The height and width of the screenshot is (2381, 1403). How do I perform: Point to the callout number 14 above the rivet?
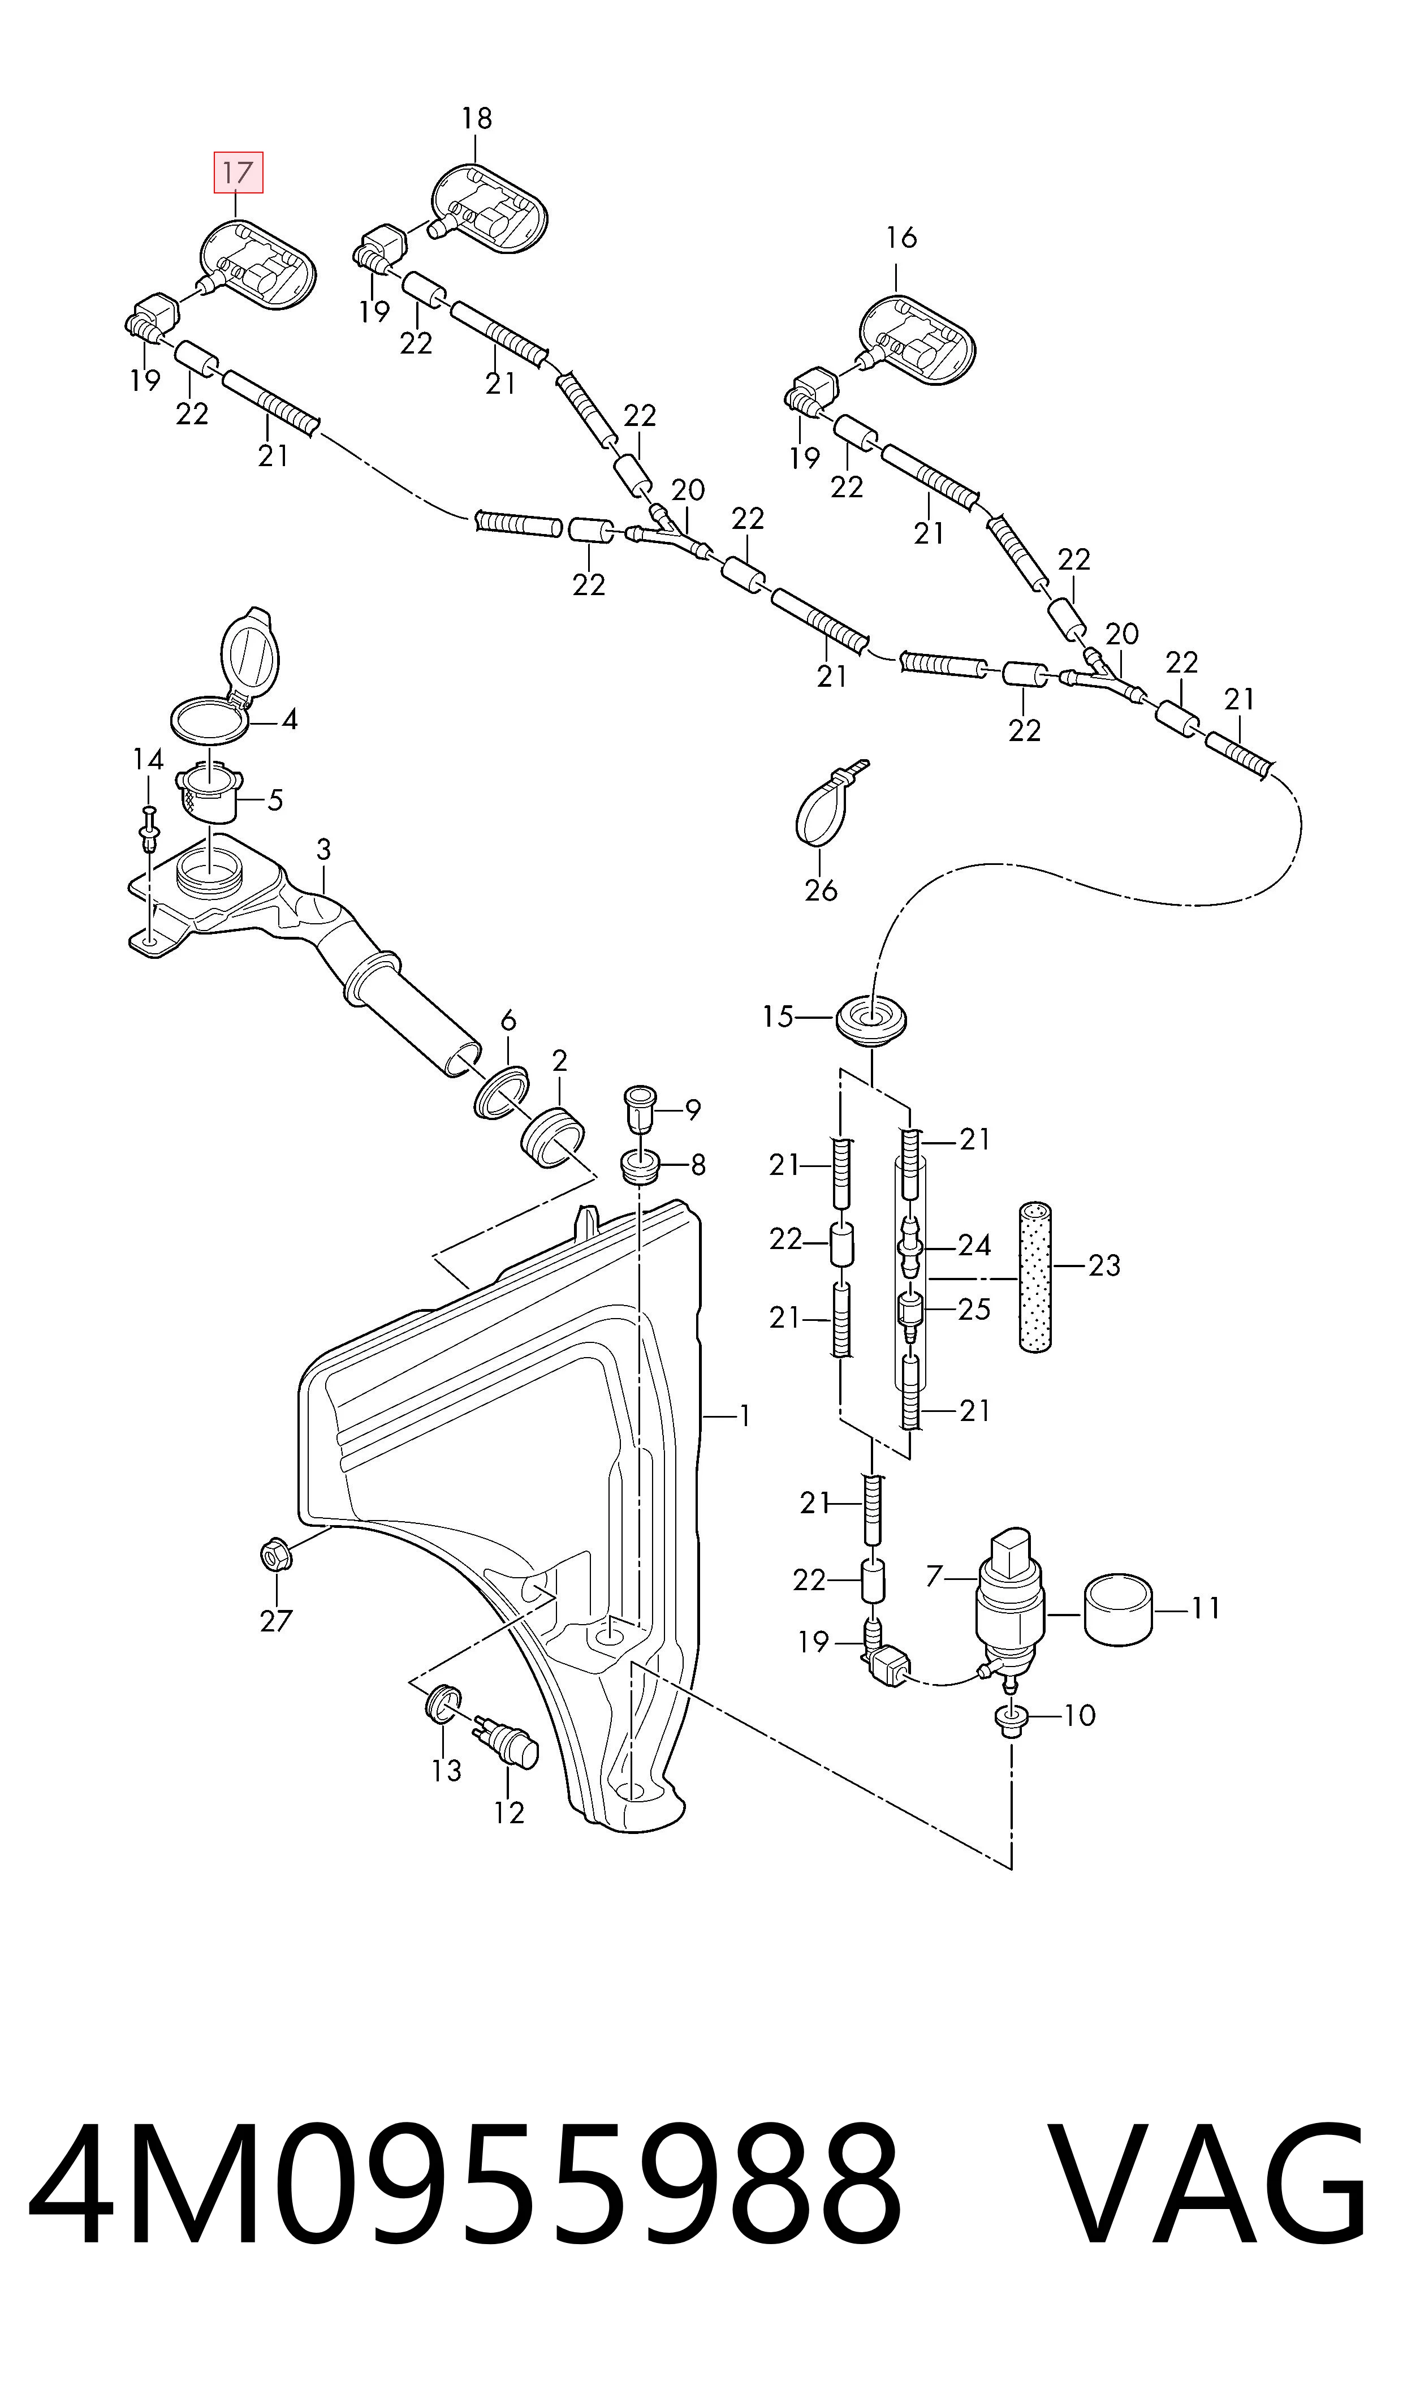pos(148,759)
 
